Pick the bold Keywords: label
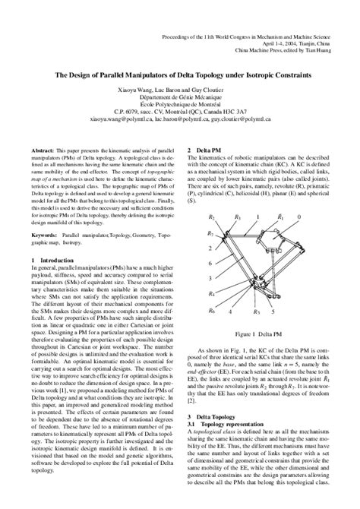coord(46,236)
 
